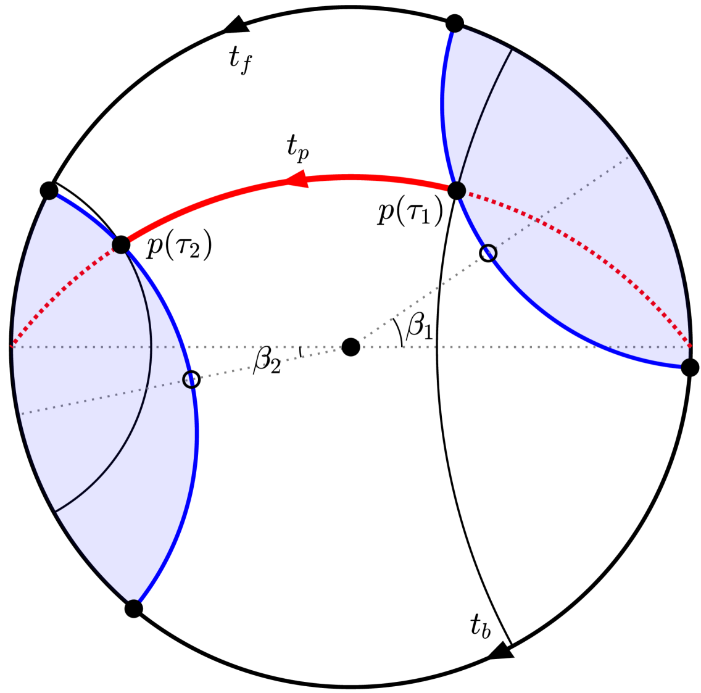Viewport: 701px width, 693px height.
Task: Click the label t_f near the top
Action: point(239,60)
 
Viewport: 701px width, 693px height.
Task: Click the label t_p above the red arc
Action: point(297,147)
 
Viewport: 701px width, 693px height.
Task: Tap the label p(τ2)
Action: point(180,247)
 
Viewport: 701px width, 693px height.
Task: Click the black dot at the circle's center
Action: point(350,347)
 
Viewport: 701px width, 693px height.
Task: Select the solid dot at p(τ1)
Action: point(456,190)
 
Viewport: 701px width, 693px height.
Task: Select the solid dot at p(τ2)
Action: point(121,245)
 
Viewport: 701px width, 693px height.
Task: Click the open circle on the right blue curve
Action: point(488,253)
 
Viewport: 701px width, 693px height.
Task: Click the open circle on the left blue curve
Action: point(192,379)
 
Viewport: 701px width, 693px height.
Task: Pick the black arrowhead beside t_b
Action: point(502,651)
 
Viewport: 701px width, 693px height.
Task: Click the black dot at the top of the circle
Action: point(454,23)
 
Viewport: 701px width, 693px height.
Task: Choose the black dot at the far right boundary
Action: point(690,368)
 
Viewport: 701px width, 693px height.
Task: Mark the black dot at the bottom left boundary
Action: point(133,609)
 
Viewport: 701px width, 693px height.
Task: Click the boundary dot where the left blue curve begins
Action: point(49,190)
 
